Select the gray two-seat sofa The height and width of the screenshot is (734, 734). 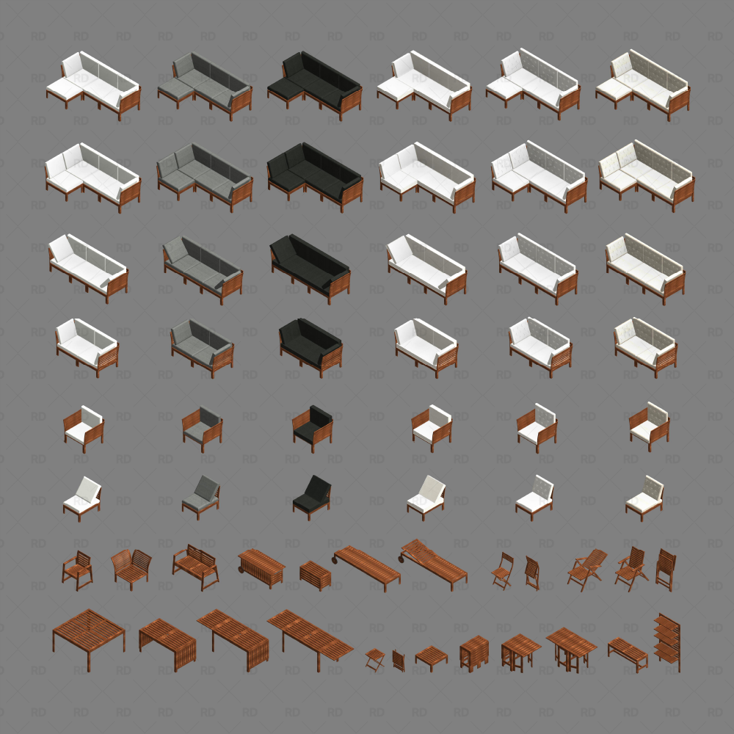(x=202, y=344)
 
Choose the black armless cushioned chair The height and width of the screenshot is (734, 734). (x=311, y=495)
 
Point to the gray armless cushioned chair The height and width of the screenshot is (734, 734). (x=200, y=495)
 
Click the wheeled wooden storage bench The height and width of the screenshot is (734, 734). (x=261, y=566)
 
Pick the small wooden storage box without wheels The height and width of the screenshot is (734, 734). (x=316, y=575)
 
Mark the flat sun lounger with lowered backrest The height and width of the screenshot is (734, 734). (x=367, y=566)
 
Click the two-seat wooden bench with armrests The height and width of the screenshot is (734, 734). (x=195, y=567)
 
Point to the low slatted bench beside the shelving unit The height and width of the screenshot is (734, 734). (x=628, y=652)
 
